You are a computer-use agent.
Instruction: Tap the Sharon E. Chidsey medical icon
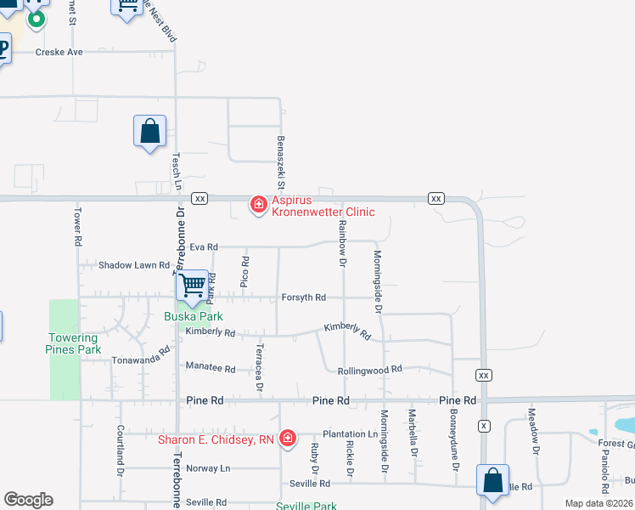[x=289, y=439]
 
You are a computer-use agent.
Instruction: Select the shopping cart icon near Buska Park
[x=194, y=286]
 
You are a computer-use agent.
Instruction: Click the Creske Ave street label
[x=59, y=52]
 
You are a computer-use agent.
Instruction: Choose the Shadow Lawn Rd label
[x=134, y=265]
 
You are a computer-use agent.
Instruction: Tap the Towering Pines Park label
[x=74, y=344]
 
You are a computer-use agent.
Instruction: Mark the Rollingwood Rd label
[x=369, y=371]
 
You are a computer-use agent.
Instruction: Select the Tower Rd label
[x=76, y=227]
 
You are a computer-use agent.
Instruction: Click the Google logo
[x=28, y=500]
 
